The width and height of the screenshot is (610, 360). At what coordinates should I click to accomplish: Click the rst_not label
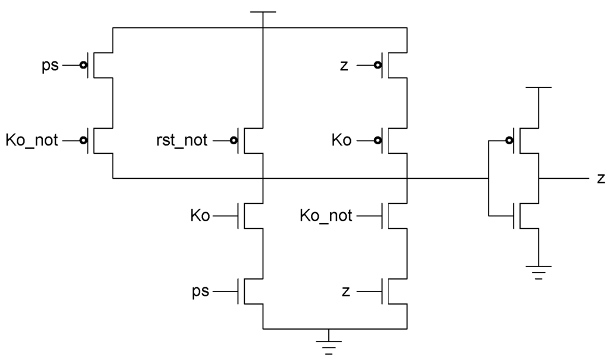180,141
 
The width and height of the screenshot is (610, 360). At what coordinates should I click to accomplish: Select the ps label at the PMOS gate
50,65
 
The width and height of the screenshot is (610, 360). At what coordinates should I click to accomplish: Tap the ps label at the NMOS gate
200,292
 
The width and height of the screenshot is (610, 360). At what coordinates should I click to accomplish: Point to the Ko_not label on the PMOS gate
32,141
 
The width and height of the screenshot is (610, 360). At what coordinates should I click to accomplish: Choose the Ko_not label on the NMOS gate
326,216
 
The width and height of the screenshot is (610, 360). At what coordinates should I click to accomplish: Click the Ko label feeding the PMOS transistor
341,141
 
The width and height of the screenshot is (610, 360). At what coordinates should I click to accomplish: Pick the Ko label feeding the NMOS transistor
200,216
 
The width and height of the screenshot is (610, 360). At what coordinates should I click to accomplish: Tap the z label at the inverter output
601,178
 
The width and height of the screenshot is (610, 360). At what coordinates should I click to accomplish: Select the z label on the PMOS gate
344,65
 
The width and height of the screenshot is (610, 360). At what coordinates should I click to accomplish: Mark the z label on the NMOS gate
345,292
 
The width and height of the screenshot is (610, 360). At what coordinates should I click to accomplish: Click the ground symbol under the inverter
539,272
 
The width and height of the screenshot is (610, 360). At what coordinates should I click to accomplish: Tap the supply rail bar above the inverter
539,88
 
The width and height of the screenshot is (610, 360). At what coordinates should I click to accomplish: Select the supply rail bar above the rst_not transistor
263,12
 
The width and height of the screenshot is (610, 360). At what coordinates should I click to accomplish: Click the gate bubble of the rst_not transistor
234,141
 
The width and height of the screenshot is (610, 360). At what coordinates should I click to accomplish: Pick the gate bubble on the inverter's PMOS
509,141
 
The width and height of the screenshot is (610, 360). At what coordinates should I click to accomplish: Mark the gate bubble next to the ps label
84,65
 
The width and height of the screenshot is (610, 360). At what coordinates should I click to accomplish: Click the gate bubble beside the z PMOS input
378,65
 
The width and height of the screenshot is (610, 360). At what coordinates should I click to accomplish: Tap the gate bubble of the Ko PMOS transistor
378,141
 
